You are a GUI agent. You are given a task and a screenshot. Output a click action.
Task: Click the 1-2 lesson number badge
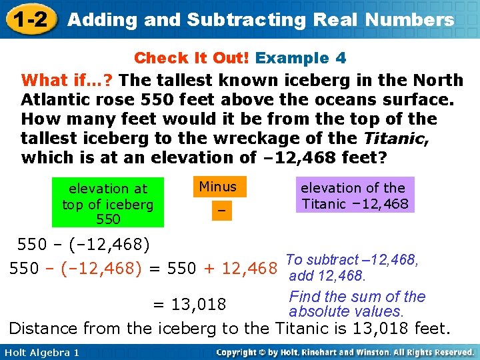coord(29,19)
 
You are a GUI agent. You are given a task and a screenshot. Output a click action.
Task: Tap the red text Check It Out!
coord(192,58)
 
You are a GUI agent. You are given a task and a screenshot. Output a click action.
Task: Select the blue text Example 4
coord(301,58)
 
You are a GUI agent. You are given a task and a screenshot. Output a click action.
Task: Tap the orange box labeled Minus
coord(218,186)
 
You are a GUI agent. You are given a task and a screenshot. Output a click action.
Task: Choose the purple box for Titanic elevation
coord(355,195)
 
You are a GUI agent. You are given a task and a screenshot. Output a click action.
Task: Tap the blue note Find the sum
coord(357,297)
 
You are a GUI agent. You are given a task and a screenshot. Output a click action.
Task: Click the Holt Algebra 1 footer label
coord(41,352)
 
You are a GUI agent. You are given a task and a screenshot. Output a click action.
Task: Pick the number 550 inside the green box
coord(108,219)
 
